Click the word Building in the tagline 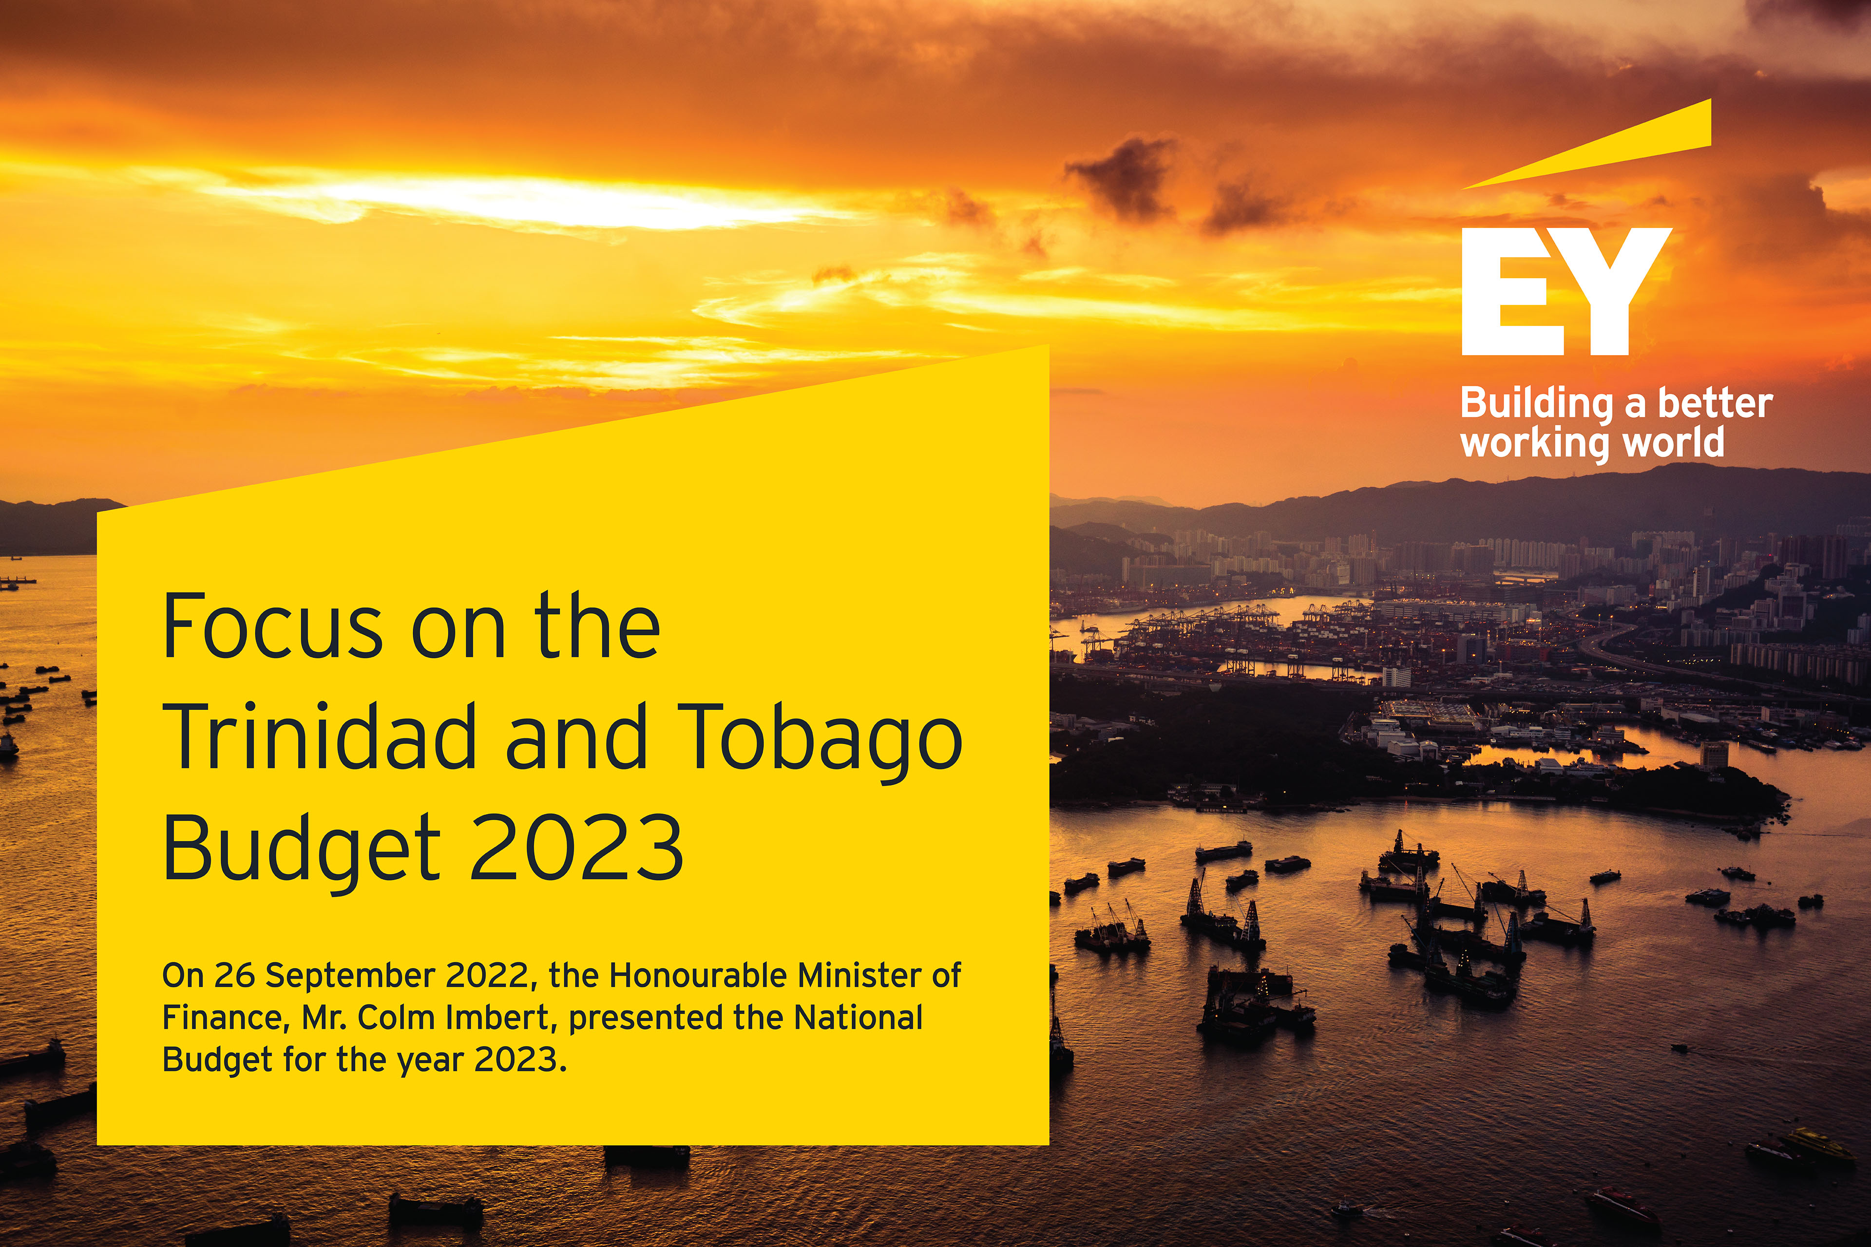(1535, 404)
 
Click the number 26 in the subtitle (234, 976)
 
